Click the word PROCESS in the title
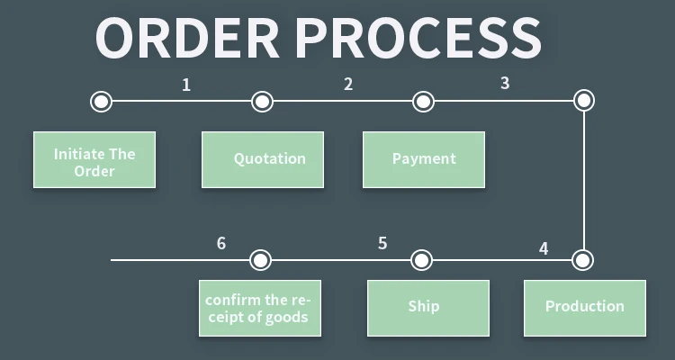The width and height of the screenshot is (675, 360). click(418, 38)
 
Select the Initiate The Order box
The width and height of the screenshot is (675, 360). click(94, 160)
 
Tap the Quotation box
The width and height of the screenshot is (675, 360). click(263, 160)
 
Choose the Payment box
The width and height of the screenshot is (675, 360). click(424, 160)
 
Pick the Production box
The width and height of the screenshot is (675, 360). click(585, 308)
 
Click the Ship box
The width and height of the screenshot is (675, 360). click(428, 308)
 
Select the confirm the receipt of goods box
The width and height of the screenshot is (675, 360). click(260, 308)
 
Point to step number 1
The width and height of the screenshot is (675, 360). click(186, 85)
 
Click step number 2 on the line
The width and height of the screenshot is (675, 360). click(348, 85)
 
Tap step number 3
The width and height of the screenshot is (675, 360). click(505, 84)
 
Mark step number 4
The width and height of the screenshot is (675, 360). click(544, 247)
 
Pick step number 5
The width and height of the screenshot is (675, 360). click(382, 244)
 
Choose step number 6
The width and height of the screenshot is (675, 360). click(221, 244)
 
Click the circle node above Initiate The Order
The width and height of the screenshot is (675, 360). click(102, 101)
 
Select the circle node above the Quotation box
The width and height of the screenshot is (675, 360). click(262, 101)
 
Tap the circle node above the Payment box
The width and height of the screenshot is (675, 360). click(423, 101)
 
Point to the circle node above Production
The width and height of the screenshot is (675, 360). click(583, 260)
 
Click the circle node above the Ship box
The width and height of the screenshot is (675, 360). click(422, 260)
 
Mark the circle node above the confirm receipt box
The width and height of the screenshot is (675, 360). click(260, 260)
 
